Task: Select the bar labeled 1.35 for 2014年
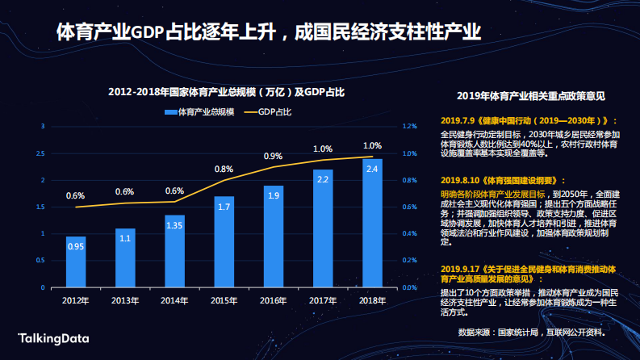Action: coord(174,251)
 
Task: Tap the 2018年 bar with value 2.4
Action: coord(372,223)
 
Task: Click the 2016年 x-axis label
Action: coord(274,300)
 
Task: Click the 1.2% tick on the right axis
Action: coord(409,126)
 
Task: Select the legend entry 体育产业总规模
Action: coord(199,110)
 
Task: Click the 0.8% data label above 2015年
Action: coord(224,169)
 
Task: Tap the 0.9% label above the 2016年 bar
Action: coord(273,156)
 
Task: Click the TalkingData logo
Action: coord(53,338)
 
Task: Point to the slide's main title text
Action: coord(270,32)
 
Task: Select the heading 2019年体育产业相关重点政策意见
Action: coord(530,95)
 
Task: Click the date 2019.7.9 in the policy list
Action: coord(457,119)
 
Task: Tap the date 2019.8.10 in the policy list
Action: coord(459,180)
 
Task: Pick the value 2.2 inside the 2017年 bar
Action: coord(323,179)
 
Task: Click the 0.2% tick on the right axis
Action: coord(409,261)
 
